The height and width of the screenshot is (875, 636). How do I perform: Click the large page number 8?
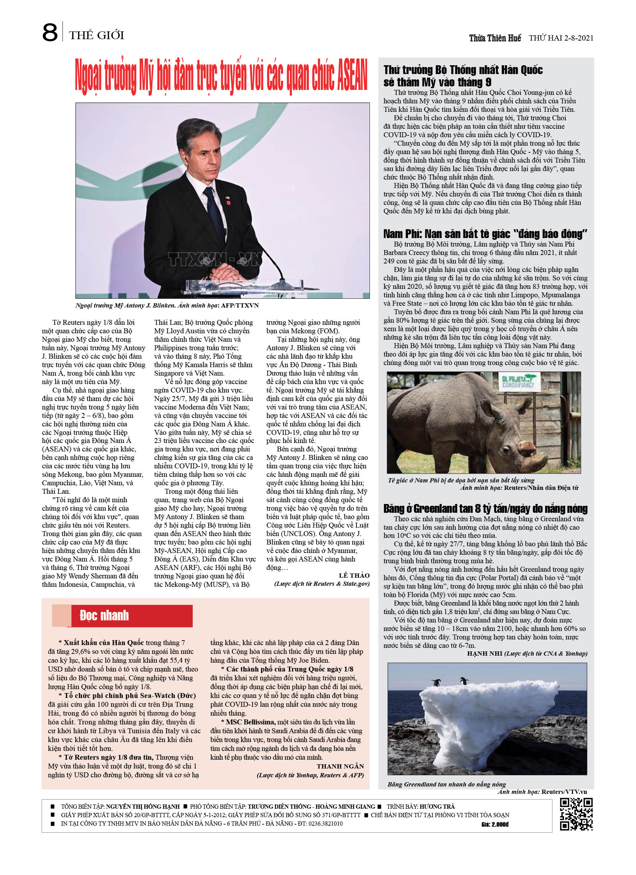pos(50,32)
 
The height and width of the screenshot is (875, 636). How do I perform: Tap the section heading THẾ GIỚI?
pos(97,36)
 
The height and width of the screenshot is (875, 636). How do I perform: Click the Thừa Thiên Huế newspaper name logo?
pos(495,38)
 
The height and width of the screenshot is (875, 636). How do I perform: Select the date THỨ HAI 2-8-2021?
pos(561,38)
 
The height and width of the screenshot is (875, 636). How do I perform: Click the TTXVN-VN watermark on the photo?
pos(215,260)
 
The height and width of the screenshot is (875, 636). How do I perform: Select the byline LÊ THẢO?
pos(354,575)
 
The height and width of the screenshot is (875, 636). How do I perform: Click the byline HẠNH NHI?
pos(484,653)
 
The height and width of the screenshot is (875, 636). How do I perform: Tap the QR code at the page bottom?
pos(576,814)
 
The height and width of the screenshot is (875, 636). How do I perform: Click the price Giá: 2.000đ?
pos(495,825)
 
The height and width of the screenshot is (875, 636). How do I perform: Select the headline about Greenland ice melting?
pos(485,509)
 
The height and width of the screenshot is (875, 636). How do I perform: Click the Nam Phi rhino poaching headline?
pos(485,234)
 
